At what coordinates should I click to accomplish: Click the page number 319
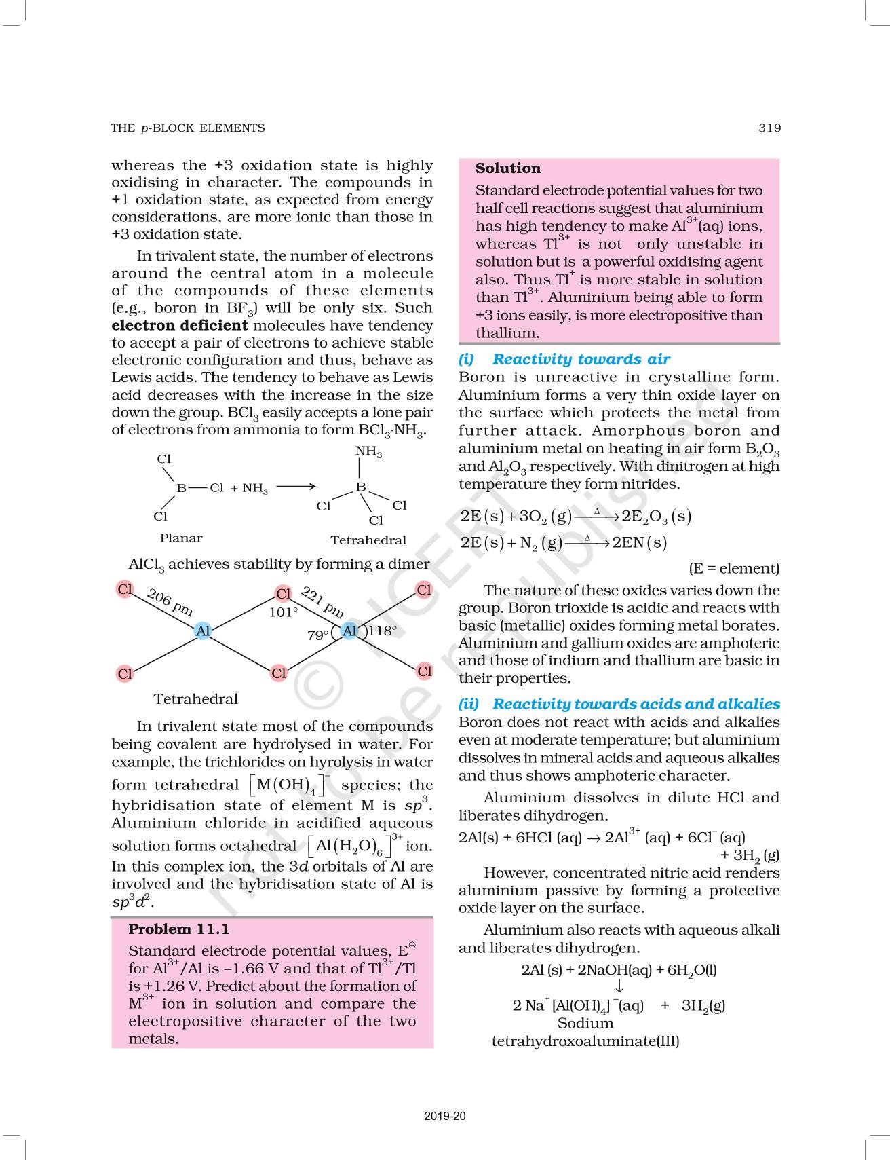coord(769,128)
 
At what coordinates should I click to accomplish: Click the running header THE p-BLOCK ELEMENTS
coord(187,128)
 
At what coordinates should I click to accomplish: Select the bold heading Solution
coord(507,168)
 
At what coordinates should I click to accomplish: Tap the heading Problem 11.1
coord(178,929)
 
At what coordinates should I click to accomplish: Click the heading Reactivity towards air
coord(581,359)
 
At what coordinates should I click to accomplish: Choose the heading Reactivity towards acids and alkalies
coord(636,704)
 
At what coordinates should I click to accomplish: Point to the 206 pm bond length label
coord(170,601)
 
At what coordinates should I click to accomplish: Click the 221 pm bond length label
coord(322,601)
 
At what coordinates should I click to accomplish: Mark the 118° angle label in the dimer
coord(383,631)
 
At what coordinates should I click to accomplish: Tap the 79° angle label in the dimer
coord(317,635)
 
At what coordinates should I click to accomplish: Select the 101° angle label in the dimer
coord(284,612)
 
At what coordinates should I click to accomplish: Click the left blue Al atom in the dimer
coord(203,631)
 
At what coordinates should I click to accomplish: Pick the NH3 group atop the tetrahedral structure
coord(368,451)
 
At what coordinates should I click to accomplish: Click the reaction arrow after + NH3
coord(296,487)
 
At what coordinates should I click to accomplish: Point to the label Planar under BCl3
coord(181,538)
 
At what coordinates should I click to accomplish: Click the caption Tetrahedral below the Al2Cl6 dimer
coord(195,698)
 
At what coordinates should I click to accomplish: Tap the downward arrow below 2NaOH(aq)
coord(619,987)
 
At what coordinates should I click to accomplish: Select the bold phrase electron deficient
coord(180,325)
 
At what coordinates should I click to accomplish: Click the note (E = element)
coord(734,568)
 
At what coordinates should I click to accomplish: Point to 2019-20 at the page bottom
coord(445,1116)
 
